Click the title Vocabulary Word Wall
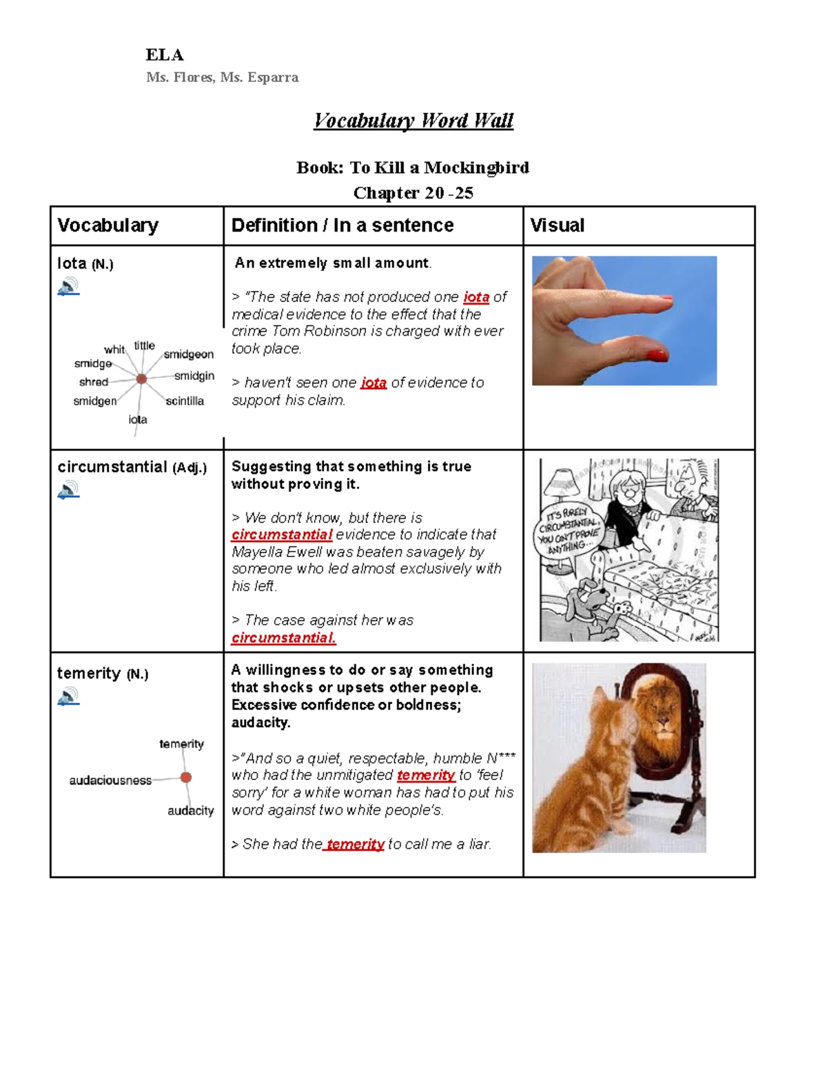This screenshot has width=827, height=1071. tap(413, 121)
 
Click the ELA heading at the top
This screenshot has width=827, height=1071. tap(164, 55)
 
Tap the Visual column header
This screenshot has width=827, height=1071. tap(557, 226)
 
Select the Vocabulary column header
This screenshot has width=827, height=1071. tap(108, 226)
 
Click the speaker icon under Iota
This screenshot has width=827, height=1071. tap(68, 286)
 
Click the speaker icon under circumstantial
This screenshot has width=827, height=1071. tap(68, 490)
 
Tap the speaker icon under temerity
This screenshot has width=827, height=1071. tap(68, 697)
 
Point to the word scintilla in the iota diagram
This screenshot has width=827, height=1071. tap(185, 401)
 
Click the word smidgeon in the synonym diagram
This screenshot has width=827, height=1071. tap(188, 354)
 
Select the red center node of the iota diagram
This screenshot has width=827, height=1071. tap(141, 379)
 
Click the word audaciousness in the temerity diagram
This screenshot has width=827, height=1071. tap(110, 781)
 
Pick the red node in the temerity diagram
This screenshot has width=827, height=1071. tap(185, 777)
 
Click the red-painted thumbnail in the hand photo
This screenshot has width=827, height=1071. tap(656, 355)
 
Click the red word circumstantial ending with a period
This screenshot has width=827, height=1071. tap(283, 638)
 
